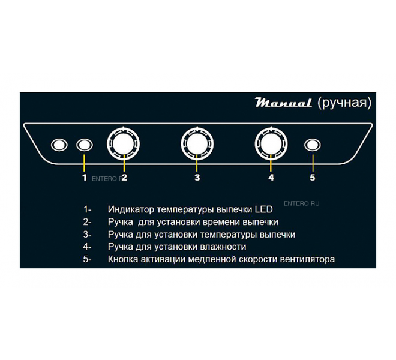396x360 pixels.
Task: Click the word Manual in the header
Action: click(x=283, y=103)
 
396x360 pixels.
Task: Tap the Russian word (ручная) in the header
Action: click(x=344, y=103)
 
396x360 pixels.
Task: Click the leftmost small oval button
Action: click(x=59, y=145)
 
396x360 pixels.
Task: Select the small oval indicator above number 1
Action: click(x=85, y=145)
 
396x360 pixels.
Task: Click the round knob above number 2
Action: click(x=124, y=144)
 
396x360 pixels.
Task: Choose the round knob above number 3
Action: click(x=197, y=144)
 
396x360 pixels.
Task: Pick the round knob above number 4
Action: click(x=271, y=144)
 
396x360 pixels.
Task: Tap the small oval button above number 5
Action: click(x=313, y=145)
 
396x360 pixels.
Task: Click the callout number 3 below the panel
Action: click(x=197, y=178)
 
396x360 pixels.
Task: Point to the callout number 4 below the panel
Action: click(x=271, y=178)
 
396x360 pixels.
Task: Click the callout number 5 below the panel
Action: click(x=313, y=178)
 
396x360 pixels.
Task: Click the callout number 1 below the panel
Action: click(x=85, y=178)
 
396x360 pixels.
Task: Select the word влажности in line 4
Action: click(x=223, y=247)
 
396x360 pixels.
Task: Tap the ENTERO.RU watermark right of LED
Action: click(x=302, y=203)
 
